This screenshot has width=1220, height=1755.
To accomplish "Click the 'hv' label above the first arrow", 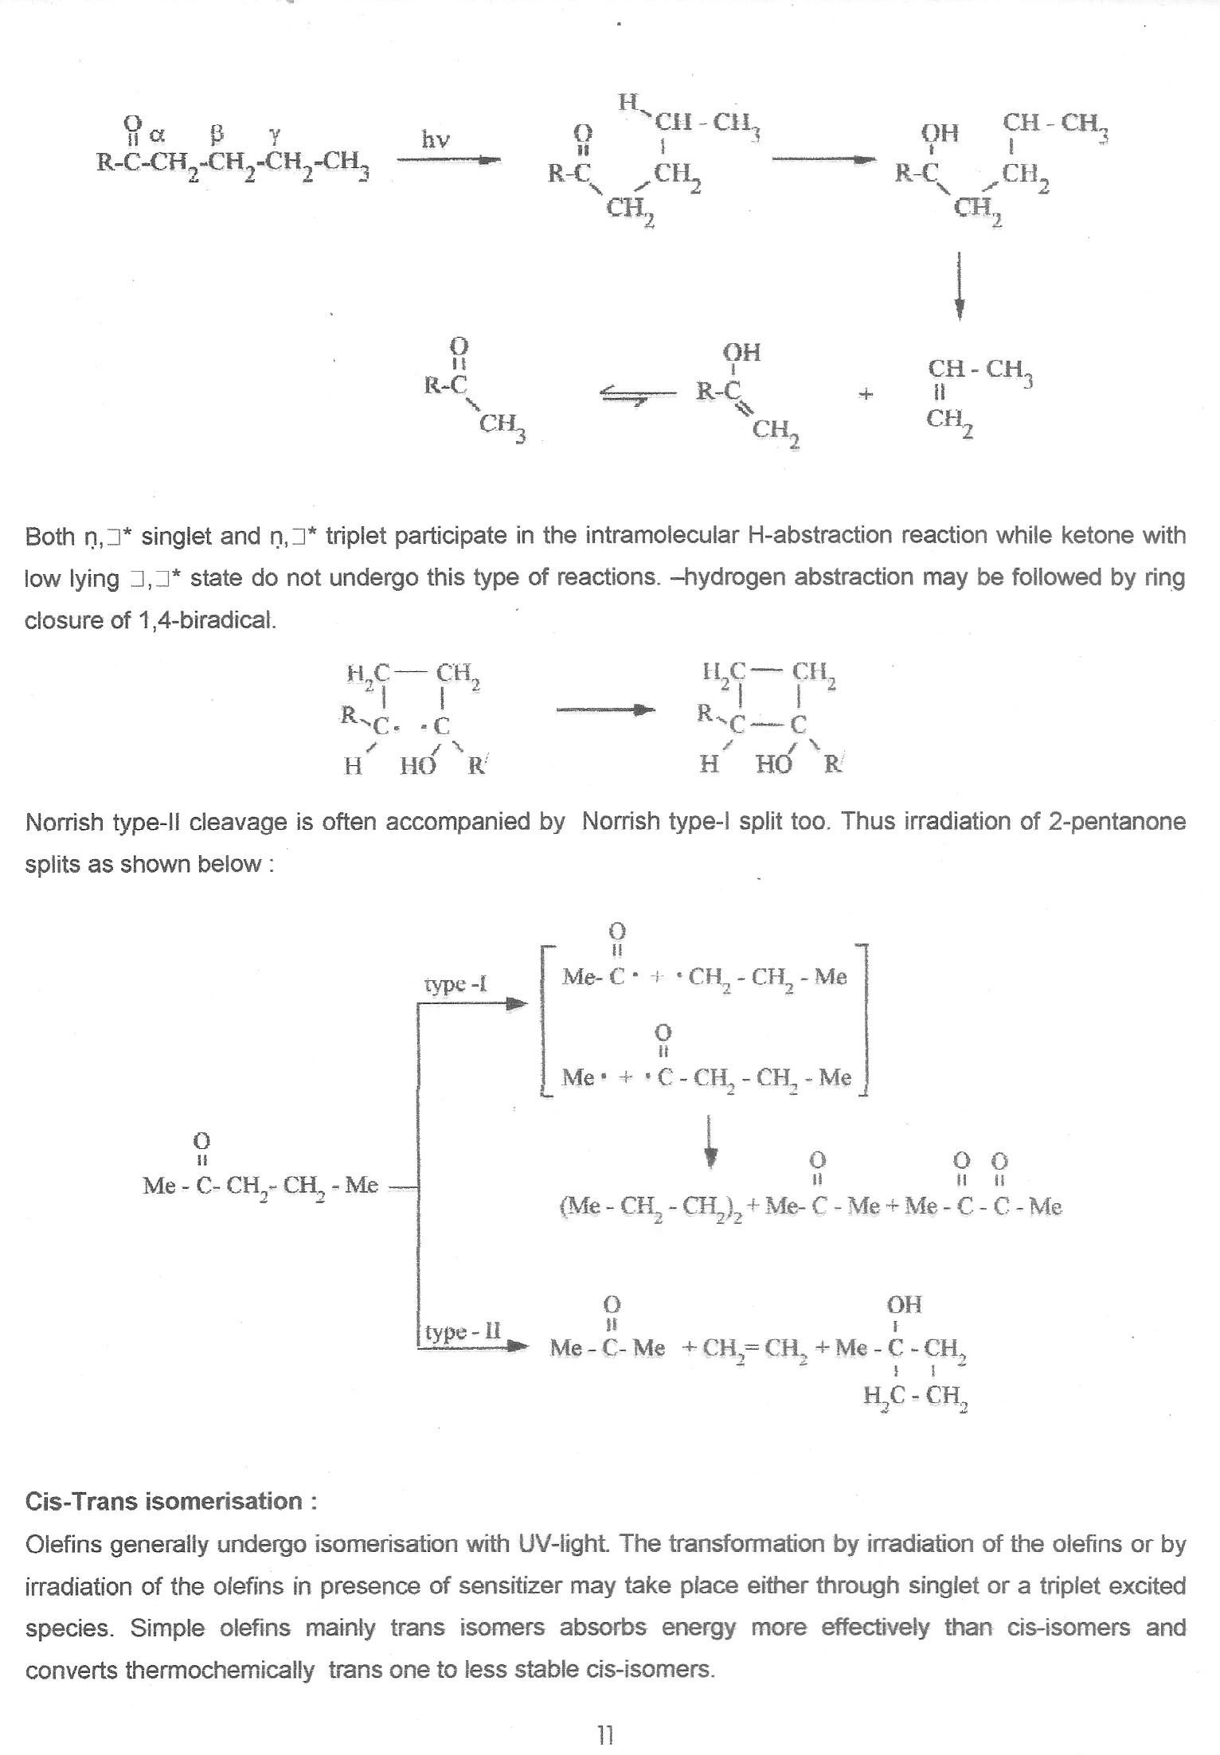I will [436, 140].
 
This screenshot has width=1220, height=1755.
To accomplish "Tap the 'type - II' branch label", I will [463, 1331].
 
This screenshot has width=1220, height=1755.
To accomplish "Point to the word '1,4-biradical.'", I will [207, 620].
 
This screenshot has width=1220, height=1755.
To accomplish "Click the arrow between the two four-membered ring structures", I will [605, 709].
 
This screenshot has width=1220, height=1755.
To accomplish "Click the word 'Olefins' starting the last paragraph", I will [63, 1544].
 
